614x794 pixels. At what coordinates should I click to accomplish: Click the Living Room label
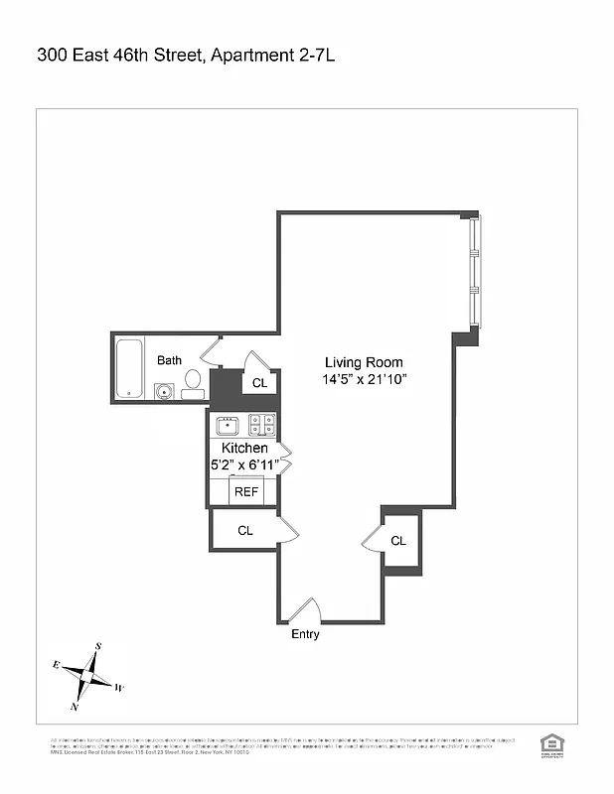(x=365, y=362)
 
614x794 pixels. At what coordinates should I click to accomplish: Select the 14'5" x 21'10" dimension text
(x=365, y=380)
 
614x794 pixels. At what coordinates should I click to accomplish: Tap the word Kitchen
(x=244, y=449)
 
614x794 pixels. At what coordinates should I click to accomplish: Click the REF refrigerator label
(x=245, y=491)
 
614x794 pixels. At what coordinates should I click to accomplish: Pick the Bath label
(x=169, y=360)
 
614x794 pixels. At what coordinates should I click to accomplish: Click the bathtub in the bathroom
(x=128, y=368)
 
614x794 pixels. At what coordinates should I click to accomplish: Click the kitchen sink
(x=228, y=425)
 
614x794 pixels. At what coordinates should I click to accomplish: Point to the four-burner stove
(x=261, y=425)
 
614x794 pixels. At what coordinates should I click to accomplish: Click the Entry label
(x=305, y=634)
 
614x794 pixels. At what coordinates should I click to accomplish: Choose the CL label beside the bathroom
(x=259, y=383)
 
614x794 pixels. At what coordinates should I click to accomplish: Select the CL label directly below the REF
(x=244, y=531)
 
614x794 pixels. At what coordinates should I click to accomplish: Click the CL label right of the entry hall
(x=398, y=541)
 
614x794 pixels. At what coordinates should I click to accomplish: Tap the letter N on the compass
(x=75, y=707)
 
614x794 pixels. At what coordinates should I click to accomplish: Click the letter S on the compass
(x=97, y=646)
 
